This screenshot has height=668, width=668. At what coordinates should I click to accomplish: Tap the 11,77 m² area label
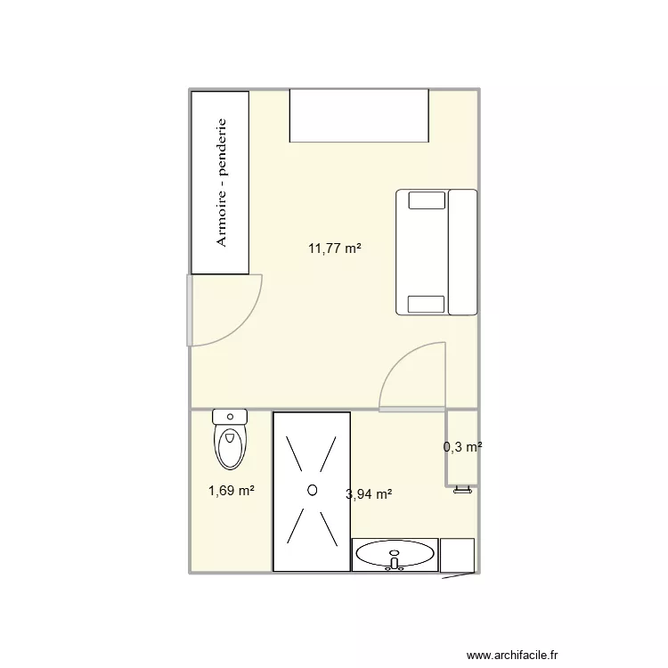(x=334, y=249)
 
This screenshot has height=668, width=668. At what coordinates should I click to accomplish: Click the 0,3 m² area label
(x=462, y=448)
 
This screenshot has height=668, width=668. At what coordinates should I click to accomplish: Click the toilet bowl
(x=230, y=445)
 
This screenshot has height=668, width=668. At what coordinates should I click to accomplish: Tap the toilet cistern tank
(x=230, y=416)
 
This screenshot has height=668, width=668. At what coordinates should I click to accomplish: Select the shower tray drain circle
(x=312, y=489)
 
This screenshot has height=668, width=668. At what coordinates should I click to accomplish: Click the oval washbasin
(x=395, y=555)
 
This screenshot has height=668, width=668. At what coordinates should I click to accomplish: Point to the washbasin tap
(x=394, y=562)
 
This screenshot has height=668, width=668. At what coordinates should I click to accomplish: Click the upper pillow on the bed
(x=426, y=201)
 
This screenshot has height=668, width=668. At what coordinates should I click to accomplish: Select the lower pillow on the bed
(x=426, y=304)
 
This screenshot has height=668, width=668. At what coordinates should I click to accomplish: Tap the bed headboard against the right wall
(x=463, y=252)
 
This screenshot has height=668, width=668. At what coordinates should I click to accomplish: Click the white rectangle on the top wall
(x=360, y=116)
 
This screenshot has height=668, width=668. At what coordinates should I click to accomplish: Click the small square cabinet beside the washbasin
(x=458, y=555)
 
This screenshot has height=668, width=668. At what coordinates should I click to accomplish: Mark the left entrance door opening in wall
(x=189, y=310)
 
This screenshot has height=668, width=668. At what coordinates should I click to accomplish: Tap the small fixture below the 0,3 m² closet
(x=461, y=489)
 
